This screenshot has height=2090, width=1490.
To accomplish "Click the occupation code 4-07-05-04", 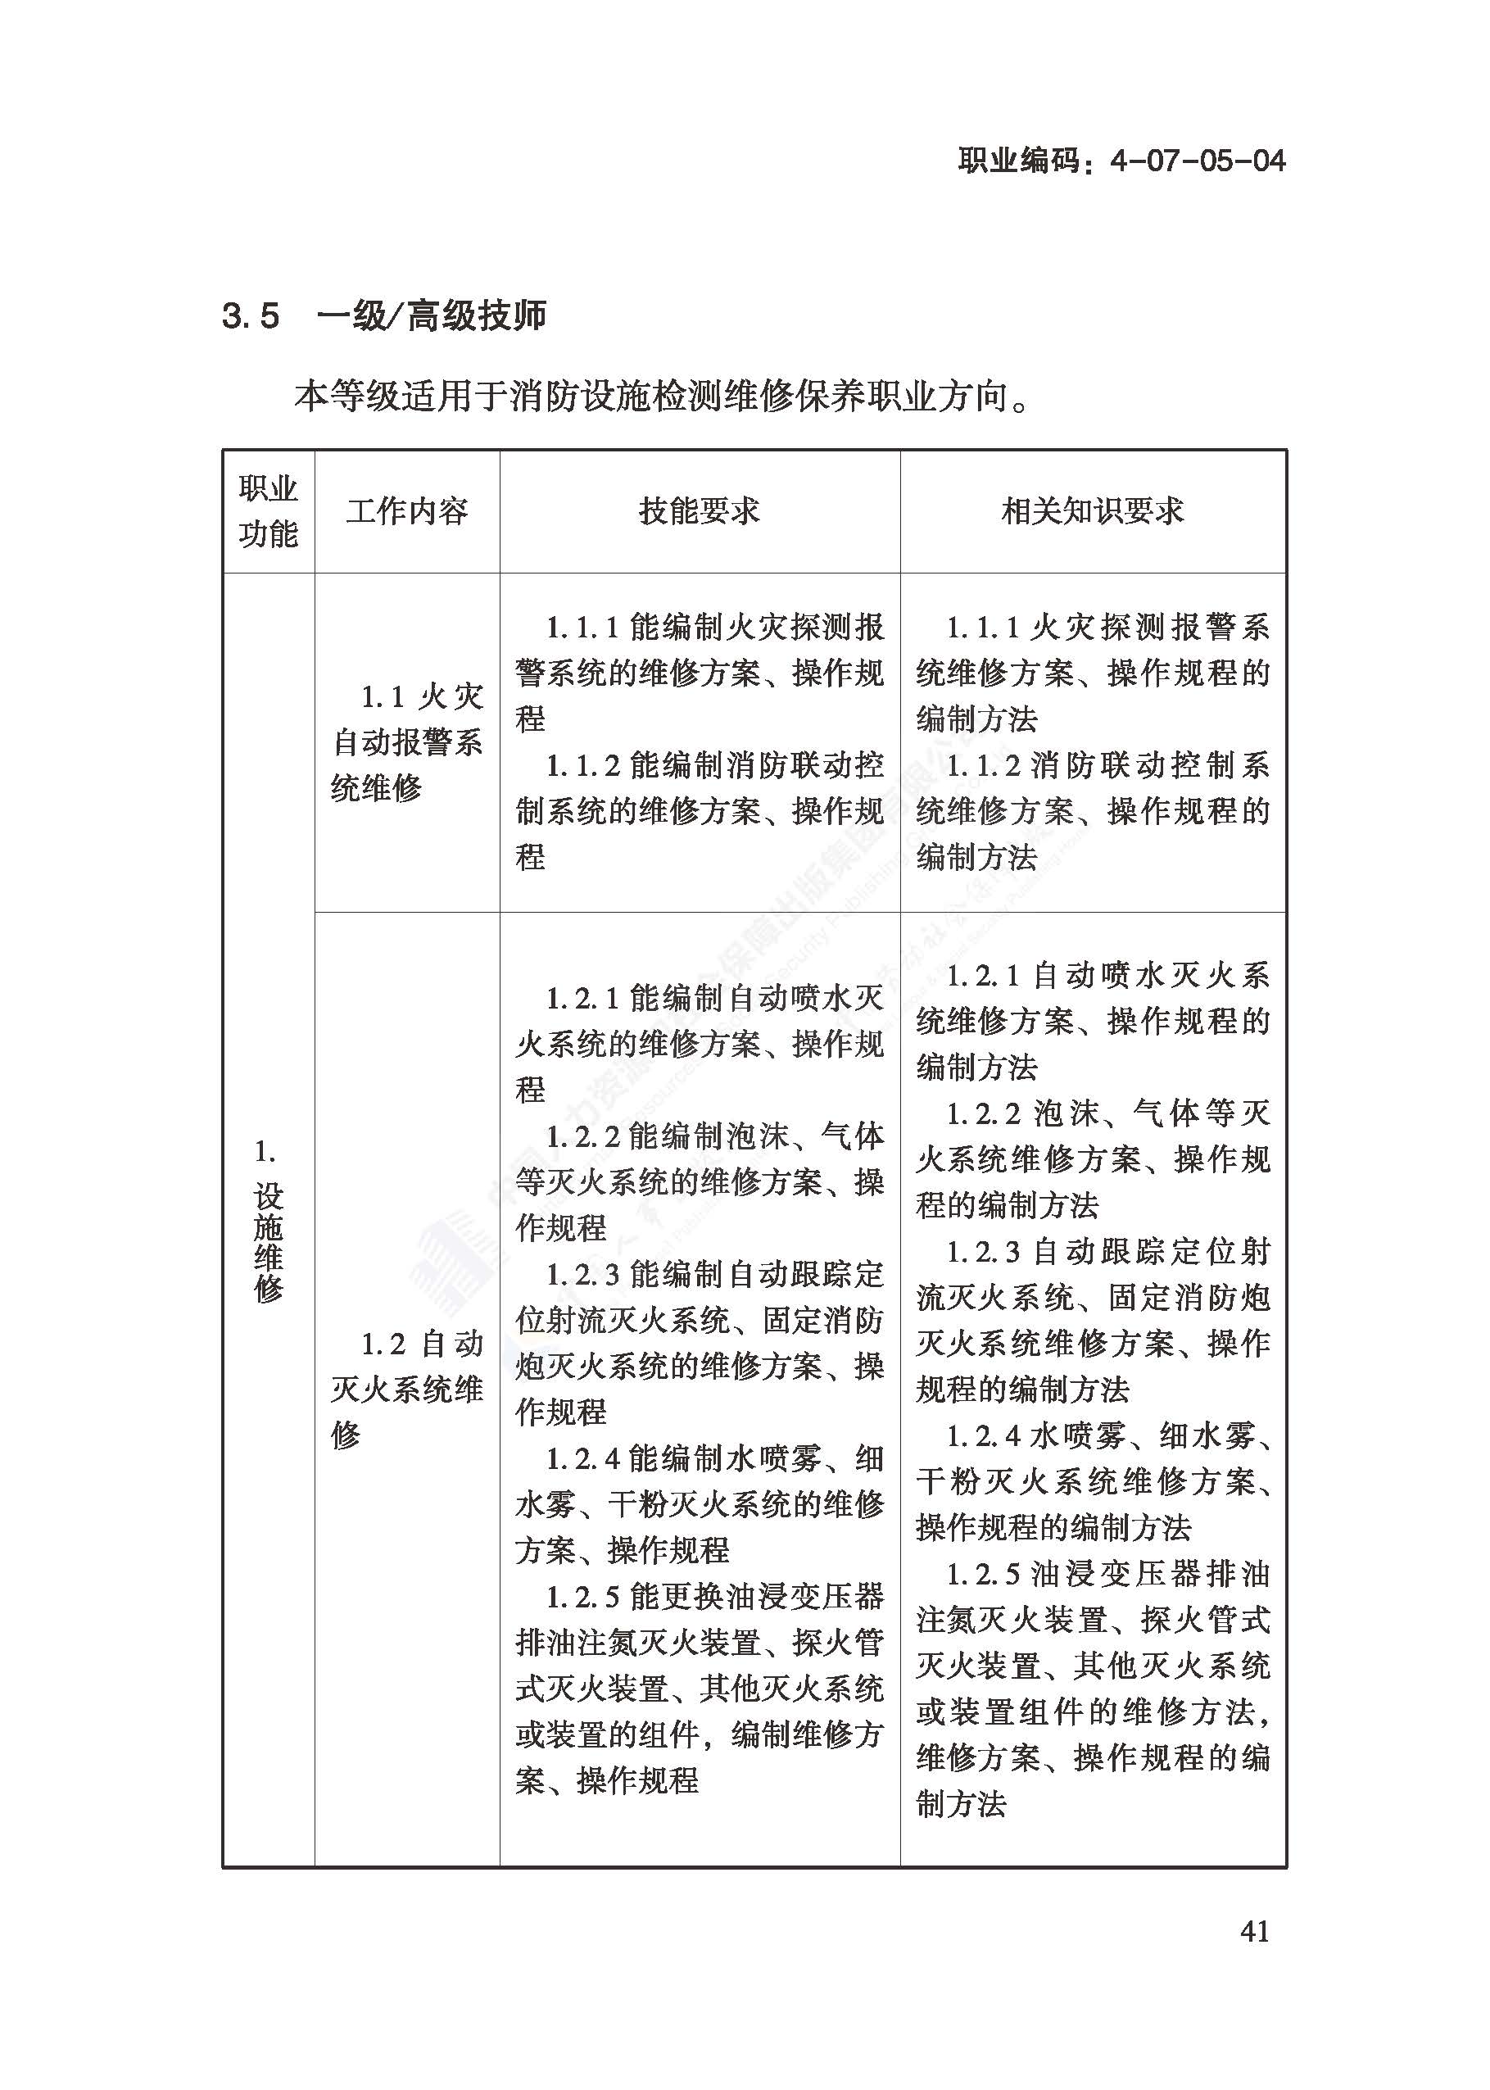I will [1198, 161].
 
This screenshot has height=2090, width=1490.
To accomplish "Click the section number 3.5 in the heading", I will [250, 316].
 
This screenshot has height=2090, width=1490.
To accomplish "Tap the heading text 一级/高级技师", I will [431, 316].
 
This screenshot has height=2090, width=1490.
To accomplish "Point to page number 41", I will [1254, 1931].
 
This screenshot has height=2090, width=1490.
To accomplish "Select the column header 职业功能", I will [268, 511].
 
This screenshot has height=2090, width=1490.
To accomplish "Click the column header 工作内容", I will [406, 511].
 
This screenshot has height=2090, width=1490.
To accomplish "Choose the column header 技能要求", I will [699, 511].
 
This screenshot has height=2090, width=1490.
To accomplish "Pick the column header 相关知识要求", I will [1092, 511].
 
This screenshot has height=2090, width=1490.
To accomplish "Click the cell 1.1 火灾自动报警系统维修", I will [406, 742].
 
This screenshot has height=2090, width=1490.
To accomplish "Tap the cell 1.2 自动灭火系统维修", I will [406, 1389].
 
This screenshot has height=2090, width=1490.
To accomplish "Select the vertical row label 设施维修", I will [268, 1242].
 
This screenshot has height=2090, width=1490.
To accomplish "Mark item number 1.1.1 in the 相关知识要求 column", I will [983, 628].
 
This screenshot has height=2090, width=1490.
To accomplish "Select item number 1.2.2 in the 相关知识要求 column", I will [983, 1113].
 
